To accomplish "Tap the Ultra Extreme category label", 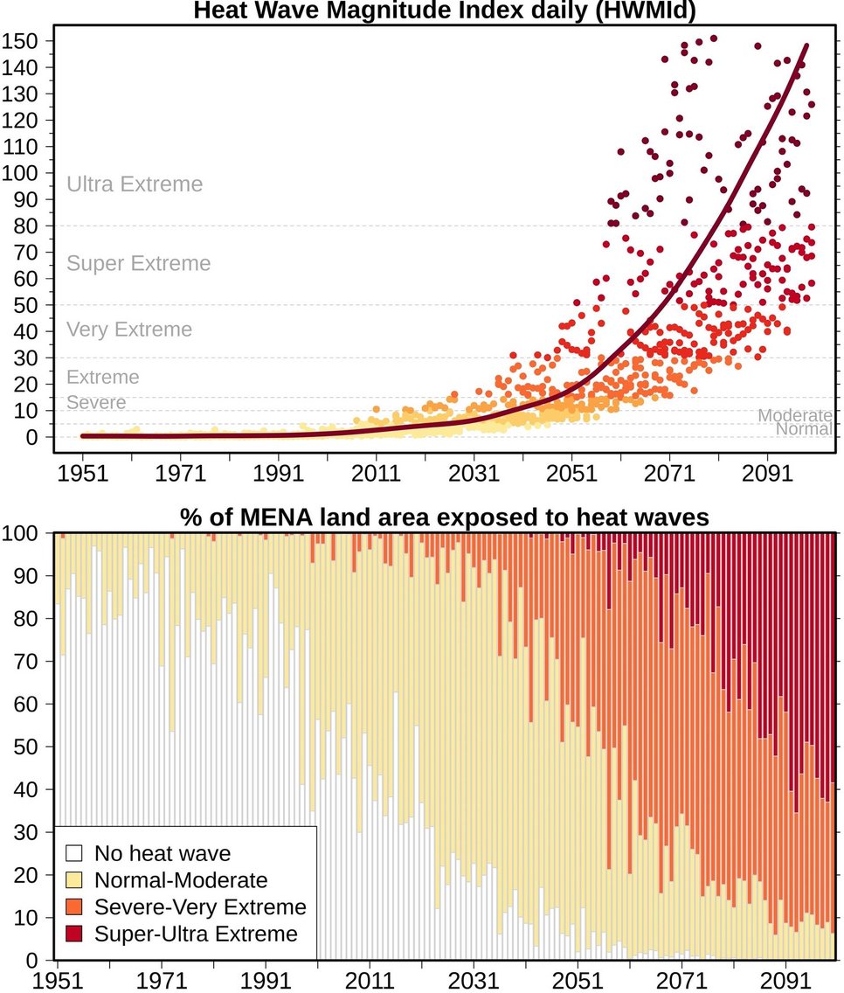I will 135,184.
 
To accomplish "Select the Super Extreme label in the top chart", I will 139,263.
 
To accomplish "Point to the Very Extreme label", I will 129,330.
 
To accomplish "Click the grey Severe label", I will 96,403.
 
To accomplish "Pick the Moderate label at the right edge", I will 794,416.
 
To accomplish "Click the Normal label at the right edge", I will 804,429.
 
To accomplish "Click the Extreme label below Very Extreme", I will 103,378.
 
